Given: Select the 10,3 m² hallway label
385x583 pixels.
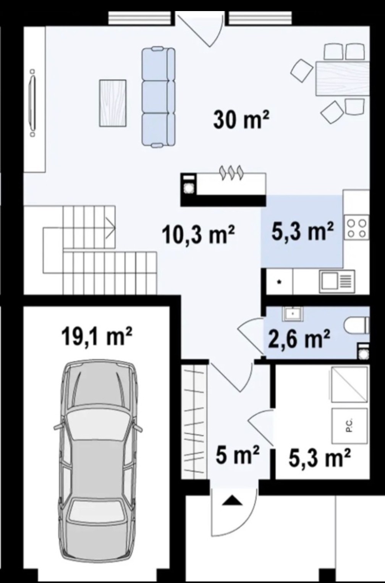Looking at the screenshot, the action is pos(198,234).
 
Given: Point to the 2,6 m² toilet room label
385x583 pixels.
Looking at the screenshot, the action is pos(299,338).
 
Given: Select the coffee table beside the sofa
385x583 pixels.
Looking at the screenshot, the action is pos(113,103).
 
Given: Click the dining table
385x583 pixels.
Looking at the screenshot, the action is pos(343,78).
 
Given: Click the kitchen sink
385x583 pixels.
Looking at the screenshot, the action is pos(338,281).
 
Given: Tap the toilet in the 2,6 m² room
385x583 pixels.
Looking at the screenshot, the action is pos(357,325).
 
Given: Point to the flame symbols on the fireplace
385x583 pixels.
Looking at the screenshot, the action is pos(231,172).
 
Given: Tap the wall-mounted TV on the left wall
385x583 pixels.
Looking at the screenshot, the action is pos(32,103).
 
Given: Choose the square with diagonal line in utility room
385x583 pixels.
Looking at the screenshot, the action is pos(349,384).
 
